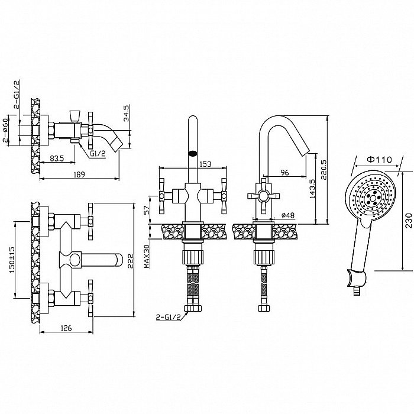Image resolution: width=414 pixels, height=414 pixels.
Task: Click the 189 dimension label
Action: click(79, 174)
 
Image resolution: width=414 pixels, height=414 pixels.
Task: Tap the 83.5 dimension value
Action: click(57, 159)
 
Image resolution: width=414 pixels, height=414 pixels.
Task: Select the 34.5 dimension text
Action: click(126, 114)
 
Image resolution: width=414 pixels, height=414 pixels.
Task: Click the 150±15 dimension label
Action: click(12, 260)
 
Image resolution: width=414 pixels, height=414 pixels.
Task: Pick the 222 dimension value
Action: click(131, 261)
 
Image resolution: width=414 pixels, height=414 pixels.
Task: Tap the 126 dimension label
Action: click(66, 328)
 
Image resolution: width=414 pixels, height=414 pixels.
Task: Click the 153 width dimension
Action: click(205, 164)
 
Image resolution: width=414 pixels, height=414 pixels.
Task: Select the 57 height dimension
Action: click(147, 210)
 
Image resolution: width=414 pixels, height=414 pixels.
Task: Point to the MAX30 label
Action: click(147, 256)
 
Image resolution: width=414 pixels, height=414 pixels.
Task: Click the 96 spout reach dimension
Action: click(284, 173)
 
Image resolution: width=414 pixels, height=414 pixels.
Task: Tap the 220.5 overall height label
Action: click(324, 170)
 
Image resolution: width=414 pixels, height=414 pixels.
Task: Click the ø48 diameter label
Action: click(288, 215)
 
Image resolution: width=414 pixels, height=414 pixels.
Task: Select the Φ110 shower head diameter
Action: click(380, 160)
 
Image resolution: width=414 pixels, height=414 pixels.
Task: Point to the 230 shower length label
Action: click(409, 221)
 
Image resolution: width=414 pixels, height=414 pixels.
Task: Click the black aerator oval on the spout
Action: click(193, 153)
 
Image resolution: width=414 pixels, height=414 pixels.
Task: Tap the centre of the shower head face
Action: click(373, 197)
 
